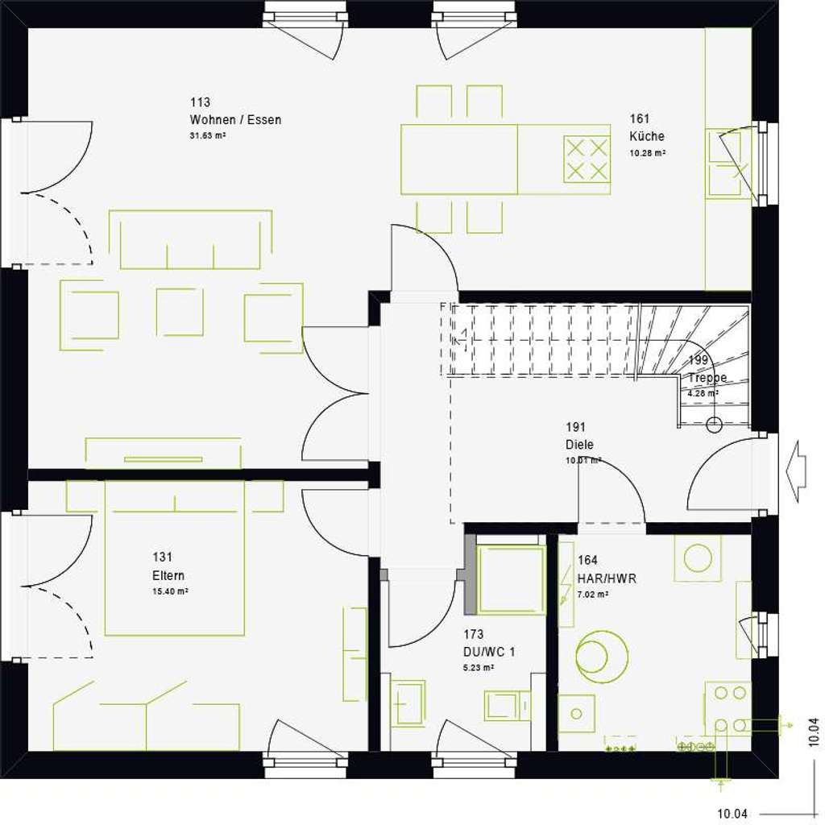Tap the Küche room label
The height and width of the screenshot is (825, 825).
(647, 136)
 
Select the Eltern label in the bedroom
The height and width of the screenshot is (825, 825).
(168, 575)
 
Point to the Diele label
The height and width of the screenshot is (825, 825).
(579, 444)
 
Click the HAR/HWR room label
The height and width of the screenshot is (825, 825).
(607, 578)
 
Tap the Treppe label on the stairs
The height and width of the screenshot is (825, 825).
(707, 377)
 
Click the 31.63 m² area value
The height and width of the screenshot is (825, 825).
(207, 136)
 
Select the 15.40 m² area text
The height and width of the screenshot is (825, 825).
(170, 591)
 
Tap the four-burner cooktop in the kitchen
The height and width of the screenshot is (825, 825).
(586, 160)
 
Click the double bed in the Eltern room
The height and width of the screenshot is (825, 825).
(174, 558)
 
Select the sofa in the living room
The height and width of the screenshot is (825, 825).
(191, 239)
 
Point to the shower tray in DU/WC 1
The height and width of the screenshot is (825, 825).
(512, 580)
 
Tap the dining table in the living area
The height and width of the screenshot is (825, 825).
(459, 159)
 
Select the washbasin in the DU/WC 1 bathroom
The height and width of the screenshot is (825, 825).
(408, 703)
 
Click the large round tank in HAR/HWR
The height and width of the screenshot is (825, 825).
(602, 650)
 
